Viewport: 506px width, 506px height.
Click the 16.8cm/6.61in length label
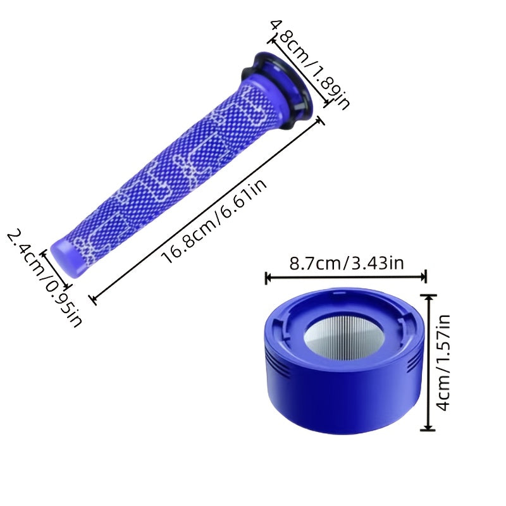click(x=214, y=220)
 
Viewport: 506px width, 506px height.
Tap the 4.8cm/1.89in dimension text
click(x=311, y=65)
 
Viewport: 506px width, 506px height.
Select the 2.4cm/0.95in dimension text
click(x=44, y=277)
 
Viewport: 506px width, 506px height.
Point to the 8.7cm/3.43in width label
click(x=347, y=263)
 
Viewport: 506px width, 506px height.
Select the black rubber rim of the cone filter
click(x=278, y=90)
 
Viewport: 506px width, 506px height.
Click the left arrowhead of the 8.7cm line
click(x=268, y=277)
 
